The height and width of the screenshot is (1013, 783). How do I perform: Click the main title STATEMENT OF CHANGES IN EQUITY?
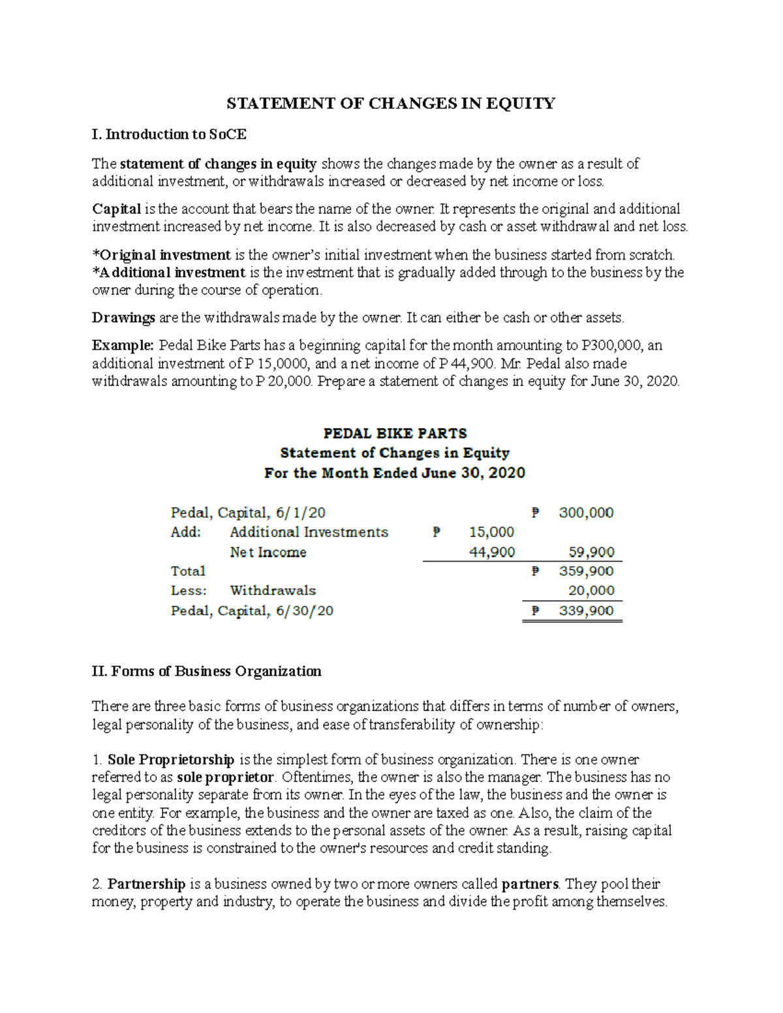point(390,104)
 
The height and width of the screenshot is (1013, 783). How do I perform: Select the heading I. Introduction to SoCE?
point(169,134)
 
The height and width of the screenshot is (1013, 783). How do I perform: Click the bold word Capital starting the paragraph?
point(116,209)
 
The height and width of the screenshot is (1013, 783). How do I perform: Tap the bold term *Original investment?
point(161,255)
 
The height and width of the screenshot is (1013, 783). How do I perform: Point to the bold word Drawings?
point(123,318)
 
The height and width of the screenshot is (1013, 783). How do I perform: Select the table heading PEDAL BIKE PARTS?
point(395,433)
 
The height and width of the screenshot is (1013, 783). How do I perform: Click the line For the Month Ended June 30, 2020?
point(394,473)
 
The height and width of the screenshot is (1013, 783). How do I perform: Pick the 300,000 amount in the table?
point(586,513)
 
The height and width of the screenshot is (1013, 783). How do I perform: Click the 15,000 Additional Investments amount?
point(491,532)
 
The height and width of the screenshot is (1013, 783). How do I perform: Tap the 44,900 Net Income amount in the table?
point(491,552)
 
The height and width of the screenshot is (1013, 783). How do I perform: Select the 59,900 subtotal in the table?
point(591,552)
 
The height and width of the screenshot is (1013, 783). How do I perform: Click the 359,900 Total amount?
point(586,571)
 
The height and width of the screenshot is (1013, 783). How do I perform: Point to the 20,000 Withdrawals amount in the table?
point(591,591)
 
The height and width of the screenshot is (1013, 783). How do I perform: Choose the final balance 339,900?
point(586,611)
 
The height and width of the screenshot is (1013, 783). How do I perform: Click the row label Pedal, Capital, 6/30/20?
point(252,611)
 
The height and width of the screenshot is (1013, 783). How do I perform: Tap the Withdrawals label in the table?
point(273,591)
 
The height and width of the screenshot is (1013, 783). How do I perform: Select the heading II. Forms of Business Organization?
point(207,671)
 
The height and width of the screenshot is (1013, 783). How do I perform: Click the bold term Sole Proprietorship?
point(170,760)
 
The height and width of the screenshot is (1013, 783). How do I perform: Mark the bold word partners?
point(530,884)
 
